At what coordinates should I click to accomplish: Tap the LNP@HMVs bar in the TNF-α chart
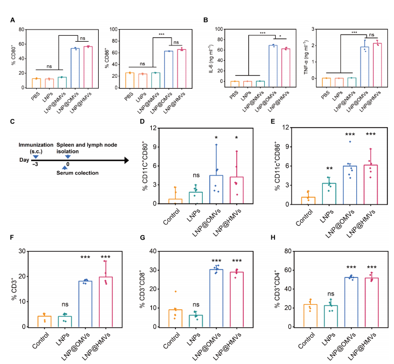[377, 61]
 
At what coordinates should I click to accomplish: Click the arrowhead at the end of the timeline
[127, 161]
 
